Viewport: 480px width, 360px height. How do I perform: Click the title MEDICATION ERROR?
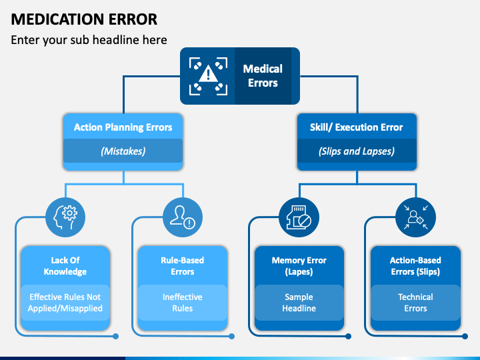click(x=84, y=19)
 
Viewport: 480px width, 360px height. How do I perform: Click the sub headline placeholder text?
click(x=89, y=40)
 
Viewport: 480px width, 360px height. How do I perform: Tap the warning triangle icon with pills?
click(x=208, y=76)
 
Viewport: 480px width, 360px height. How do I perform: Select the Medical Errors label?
click(x=263, y=76)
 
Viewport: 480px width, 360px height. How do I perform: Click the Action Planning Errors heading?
click(x=123, y=127)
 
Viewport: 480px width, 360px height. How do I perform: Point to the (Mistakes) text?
click(x=123, y=151)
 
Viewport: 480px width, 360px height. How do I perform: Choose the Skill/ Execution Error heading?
click(x=356, y=127)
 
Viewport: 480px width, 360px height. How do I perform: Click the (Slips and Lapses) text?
click(x=356, y=151)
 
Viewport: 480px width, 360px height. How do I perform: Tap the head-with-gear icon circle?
click(x=65, y=217)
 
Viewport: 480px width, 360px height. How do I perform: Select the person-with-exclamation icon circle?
click(x=183, y=217)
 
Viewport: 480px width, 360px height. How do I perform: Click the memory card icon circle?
click(x=299, y=217)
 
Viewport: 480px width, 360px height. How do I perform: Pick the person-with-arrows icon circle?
click(x=416, y=217)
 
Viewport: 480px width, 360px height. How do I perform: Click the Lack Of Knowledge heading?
click(x=65, y=266)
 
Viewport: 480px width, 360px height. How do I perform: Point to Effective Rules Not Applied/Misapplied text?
click(x=65, y=303)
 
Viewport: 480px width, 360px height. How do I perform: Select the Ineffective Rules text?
click(x=183, y=303)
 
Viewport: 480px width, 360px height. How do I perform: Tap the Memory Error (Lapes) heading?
click(x=299, y=266)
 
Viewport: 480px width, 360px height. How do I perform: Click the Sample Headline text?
click(x=299, y=303)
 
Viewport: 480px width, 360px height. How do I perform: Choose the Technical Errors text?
click(x=415, y=303)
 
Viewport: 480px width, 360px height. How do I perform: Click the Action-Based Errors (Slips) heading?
click(x=415, y=266)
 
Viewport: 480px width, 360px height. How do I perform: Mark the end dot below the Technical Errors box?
click(x=465, y=337)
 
